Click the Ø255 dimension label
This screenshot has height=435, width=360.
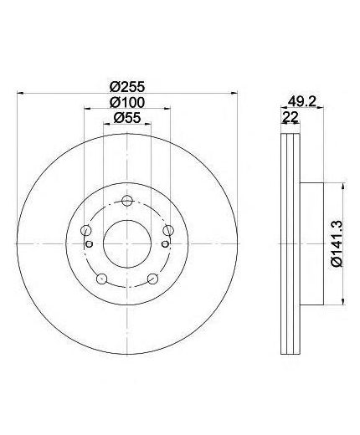pyautogui.click(x=127, y=87)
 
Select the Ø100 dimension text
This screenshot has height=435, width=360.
pyautogui.click(x=127, y=102)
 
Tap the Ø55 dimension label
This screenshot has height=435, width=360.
pyautogui.click(x=127, y=118)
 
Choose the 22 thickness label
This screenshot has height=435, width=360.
pyautogui.click(x=291, y=117)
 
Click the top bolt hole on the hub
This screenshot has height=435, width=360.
pyautogui.click(x=127, y=201)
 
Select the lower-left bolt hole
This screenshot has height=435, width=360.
pyautogui.click(x=101, y=279)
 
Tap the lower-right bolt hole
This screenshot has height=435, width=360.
pyautogui.click(x=152, y=279)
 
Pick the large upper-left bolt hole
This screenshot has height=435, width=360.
pyautogui.click(x=85, y=230)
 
